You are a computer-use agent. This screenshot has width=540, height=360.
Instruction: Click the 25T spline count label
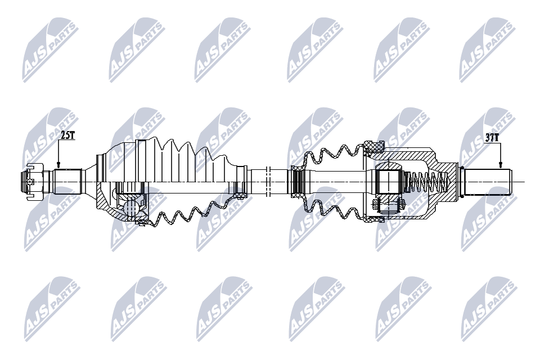(x=67, y=135)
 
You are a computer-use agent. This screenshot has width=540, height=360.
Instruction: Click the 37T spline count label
(x=492, y=137)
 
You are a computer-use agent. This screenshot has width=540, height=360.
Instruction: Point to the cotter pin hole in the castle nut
(x=30, y=181)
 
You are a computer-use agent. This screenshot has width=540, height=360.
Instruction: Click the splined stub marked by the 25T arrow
(x=67, y=182)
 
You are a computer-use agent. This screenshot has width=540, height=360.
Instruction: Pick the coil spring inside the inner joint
(x=426, y=182)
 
